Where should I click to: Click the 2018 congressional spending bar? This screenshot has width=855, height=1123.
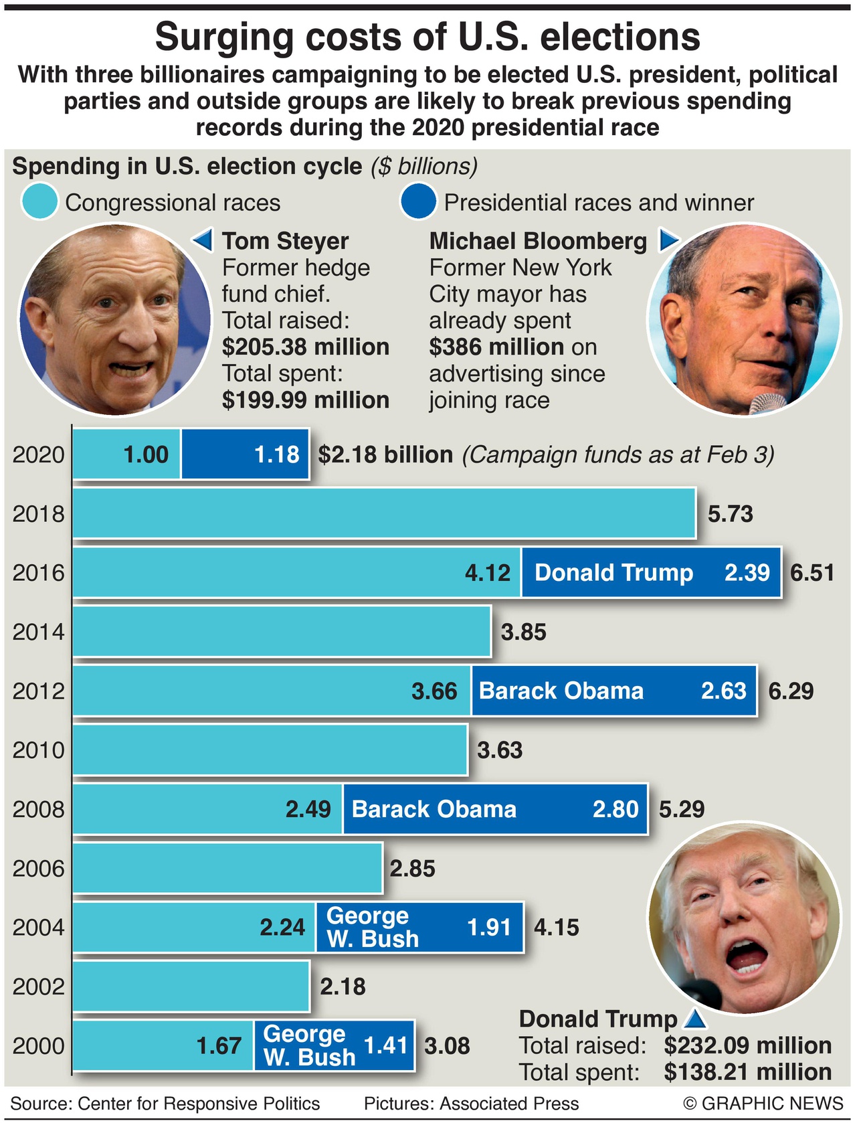(x=384, y=513)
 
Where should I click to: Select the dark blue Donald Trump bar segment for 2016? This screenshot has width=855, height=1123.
(x=651, y=572)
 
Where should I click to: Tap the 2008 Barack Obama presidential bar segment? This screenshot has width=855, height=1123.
(x=495, y=809)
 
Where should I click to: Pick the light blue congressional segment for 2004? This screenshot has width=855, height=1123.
(x=194, y=928)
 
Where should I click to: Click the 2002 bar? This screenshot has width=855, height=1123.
(x=191, y=986)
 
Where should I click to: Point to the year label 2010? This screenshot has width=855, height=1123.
(x=38, y=750)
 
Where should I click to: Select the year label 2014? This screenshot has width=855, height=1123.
(x=38, y=632)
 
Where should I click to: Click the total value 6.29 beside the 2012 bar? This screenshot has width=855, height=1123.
(x=791, y=691)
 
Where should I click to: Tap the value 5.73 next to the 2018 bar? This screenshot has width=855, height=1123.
(x=731, y=514)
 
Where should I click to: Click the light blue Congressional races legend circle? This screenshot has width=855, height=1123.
(x=39, y=201)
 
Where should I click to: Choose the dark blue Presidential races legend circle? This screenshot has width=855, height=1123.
(x=418, y=201)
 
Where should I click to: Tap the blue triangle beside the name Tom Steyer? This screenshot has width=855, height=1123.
(x=203, y=240)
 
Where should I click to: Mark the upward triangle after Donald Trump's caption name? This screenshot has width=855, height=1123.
(x=696, y=1019)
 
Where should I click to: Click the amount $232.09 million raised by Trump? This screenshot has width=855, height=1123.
(x=747, y=1045)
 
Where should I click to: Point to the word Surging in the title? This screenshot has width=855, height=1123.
(x=223, y=37)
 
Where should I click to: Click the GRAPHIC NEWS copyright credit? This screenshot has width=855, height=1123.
(x=763, y=1103)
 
